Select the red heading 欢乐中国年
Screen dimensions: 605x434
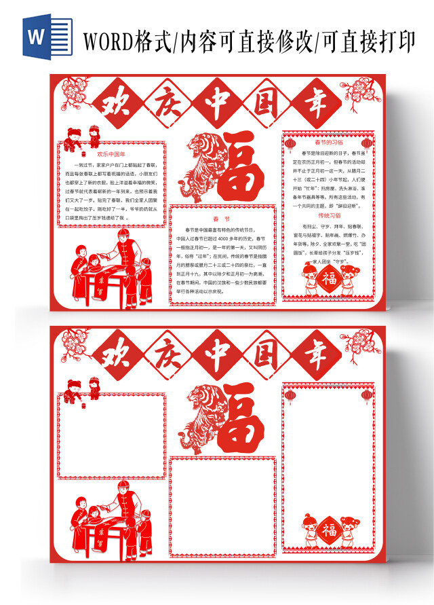112,154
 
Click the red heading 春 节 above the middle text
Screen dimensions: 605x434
222,219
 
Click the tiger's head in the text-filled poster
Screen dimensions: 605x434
201,144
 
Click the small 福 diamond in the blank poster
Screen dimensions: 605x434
329,528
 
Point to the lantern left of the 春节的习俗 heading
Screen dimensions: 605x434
290,145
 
